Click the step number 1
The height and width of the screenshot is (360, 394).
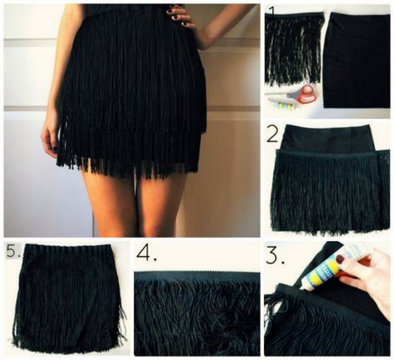[x=272, y=12]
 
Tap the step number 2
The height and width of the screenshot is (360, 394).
[x=273, y=135]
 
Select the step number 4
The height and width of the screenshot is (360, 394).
[x=146, y=254]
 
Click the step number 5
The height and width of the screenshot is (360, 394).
[x=13, y=250]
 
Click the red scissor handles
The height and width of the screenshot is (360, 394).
[x=307, y=94]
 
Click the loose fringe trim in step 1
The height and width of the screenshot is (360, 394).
[x=293, y=48]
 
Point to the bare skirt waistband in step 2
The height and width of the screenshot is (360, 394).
[x=329, y=138]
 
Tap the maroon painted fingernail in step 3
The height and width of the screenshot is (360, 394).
[x=340, y=258]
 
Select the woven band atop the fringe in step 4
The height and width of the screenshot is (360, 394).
[x=197, y=277]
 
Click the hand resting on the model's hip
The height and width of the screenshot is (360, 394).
[x=181, y=16]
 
